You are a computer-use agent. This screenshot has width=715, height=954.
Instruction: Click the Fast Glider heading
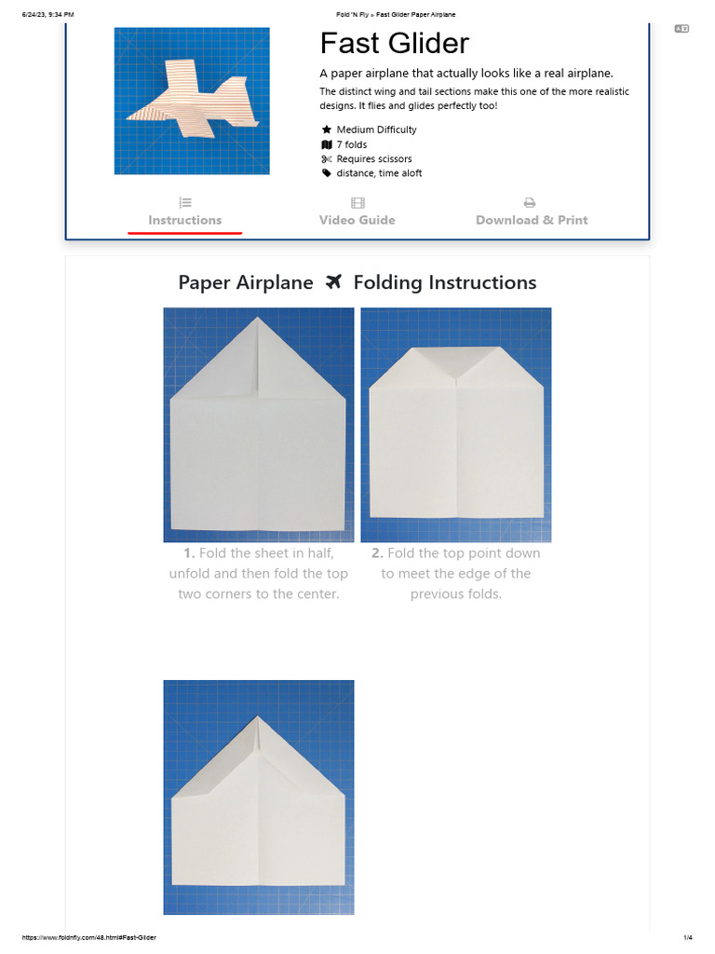[x=394, y=43]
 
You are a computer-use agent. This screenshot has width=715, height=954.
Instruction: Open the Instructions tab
[x=184, y=220]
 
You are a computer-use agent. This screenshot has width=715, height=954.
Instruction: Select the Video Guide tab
[x=357, y=220]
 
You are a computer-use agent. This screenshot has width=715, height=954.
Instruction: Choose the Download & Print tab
[x=532, y=220]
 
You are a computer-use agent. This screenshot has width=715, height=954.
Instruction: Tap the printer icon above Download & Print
[x=530, y=202]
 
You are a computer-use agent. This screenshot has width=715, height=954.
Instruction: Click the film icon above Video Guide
[x=357, y=202]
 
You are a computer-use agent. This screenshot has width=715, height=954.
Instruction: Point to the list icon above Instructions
[x=184, y=202]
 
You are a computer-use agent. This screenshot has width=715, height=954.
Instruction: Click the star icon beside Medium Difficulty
[x=327, y=129]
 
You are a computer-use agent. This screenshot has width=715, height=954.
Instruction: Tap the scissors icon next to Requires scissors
[x=327, y=159]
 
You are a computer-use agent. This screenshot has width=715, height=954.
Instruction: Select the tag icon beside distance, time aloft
[x=327, y=173]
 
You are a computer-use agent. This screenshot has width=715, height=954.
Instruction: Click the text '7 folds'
[x=352, y=144]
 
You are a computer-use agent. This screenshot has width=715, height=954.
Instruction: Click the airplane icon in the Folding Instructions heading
[x=333, y=282]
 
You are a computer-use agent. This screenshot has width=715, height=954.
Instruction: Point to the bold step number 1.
[x=189, y=553]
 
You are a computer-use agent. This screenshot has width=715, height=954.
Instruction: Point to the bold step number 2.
[x=377, y=553]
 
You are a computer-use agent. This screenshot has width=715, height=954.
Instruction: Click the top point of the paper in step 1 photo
[x=258, y=319]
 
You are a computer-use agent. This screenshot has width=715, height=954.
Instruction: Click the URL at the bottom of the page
[x=89, y=937]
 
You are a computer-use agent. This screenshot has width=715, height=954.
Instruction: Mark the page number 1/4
[x=688, y=937]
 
